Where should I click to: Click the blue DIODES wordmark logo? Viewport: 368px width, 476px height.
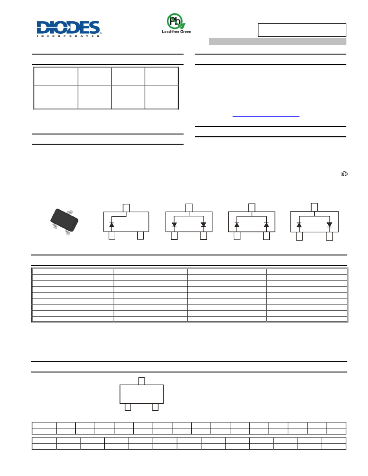tap(68, 27)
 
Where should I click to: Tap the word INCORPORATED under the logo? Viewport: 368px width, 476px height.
tap(68, 36)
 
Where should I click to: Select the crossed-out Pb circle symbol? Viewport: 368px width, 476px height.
tap(174, 21)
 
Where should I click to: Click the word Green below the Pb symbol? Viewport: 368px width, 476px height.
tap(185, 32)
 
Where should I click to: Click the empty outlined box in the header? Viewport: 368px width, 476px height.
tap(302, 30)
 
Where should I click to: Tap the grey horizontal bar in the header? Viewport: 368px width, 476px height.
tap(278, 42)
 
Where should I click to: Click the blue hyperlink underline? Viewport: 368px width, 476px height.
tap(266, 116)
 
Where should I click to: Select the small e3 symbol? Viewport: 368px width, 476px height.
tap(344, 174)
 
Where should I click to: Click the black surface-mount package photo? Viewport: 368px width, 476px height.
tap(64, 221)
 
